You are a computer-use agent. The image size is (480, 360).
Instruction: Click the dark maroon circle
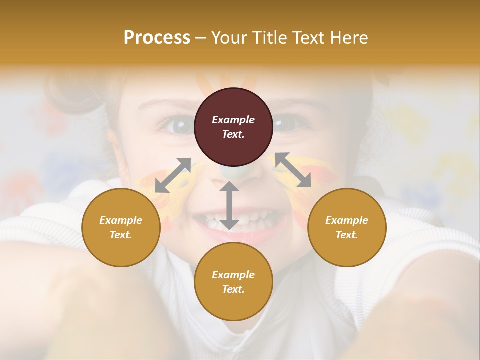pyautogui.click(x=233, y=127)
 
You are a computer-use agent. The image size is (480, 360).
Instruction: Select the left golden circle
pyautogui.click(x=121, y=227)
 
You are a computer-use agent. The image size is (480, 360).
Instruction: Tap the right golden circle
pyautogui.click(x=347, y=227)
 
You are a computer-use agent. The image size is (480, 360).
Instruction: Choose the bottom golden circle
pyautogui.click(x=233, y=282)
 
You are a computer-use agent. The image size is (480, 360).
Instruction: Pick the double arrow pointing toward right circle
pyautogui.click(x=293, y=170)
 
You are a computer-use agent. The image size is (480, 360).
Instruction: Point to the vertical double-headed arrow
pyautogui.click(x=229, y=205)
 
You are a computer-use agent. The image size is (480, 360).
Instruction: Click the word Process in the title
pyautogui.click(x=157, y=37)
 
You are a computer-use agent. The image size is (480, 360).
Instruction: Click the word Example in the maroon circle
pyautogui.click(x=233, y=120)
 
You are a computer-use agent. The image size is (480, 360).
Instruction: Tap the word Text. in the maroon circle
pyautogui.click(x=233, y=134)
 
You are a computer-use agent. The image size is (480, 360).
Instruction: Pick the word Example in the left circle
pyautogui.click(x=121, y=220)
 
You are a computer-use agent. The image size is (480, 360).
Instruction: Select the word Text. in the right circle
pyautogui.click(x=347, y=235)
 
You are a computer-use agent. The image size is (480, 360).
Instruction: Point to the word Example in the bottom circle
pyautogui.click(x=233, y=275)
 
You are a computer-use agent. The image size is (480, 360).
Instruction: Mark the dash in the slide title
pyautogui.click(x=201, y=38)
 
